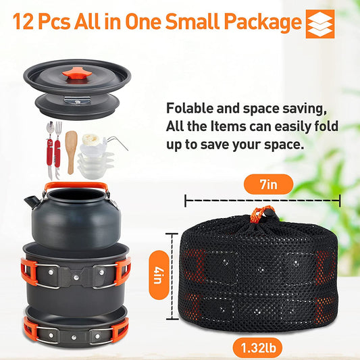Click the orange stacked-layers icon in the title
(x=320, y=24)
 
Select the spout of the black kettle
(x=29, y=202)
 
